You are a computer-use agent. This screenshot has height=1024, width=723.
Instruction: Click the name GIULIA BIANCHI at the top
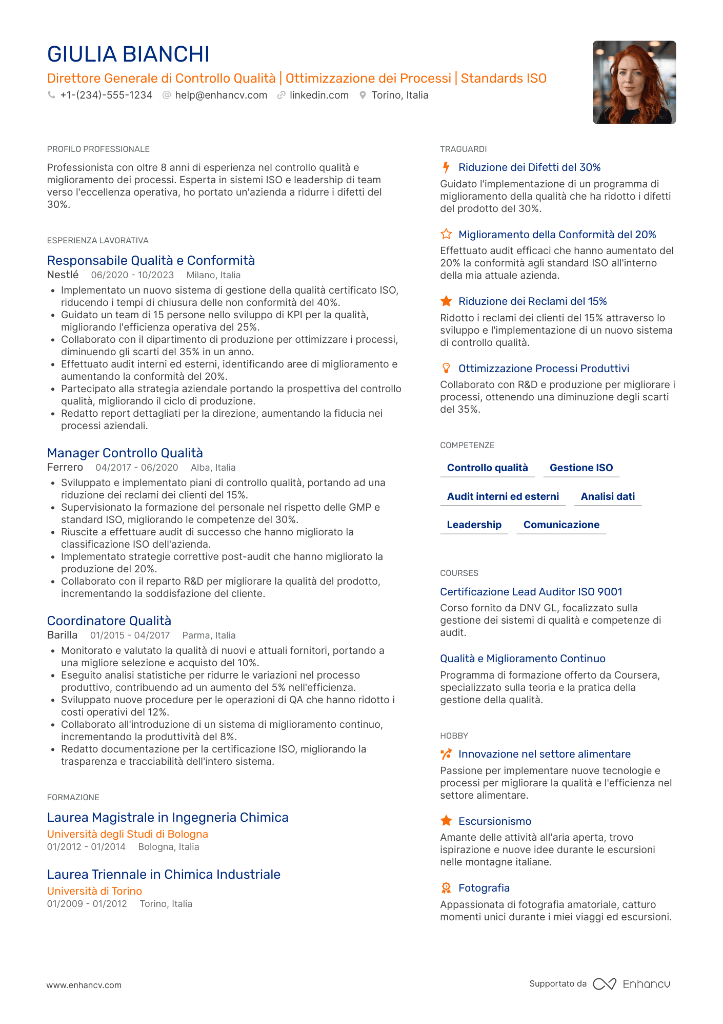point(128,54)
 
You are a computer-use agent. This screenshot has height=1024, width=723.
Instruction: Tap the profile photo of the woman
point(634,82)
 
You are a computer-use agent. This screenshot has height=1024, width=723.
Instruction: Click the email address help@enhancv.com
point(221,95)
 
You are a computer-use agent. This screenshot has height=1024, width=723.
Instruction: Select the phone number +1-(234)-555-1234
point(106,95)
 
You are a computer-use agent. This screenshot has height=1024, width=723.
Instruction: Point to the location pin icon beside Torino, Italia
point(363,95)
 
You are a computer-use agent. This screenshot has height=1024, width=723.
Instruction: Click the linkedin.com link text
point(319,95)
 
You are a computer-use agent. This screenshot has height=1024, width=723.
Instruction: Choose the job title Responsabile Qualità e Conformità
point(151,261)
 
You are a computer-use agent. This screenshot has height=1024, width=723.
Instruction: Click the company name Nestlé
point(63,275)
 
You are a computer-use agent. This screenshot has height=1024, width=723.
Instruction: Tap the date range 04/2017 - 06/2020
point(137,468)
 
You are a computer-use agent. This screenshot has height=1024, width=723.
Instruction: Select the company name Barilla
point(62,635)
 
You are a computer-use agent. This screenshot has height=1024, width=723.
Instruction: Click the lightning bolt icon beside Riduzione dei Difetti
point(446,167)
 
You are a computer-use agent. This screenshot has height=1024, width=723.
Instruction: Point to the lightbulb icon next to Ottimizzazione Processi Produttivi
point(446,369)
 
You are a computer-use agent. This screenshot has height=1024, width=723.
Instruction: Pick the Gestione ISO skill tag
point(581,468)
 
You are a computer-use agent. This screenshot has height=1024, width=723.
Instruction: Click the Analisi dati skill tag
point(608,496)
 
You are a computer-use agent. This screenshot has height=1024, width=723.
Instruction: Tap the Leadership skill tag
point(474,525)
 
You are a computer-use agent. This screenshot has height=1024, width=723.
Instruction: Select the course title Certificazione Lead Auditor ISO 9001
point(531,592)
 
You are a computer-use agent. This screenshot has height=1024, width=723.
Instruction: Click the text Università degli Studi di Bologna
point(127,834)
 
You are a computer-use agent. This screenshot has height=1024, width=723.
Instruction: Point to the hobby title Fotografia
point(484,888)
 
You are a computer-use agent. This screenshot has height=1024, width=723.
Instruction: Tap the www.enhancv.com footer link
point(84,985)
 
